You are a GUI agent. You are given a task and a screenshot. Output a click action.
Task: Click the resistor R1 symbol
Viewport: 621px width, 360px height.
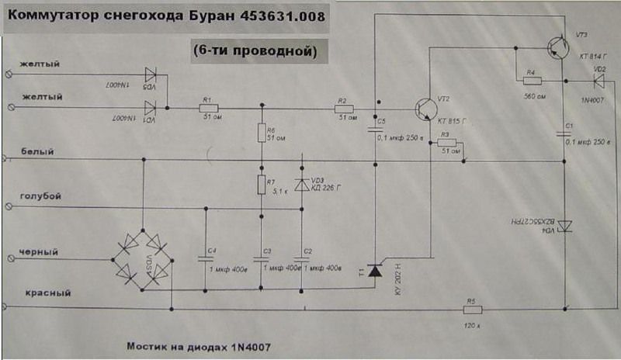click(209, 109)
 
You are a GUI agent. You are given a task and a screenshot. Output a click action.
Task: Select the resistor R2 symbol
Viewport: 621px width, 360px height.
click(343, 109)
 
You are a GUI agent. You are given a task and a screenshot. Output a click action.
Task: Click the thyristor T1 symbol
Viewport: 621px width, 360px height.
click(376, 270)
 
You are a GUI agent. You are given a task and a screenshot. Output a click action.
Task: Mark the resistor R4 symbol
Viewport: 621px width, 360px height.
click(532, 80)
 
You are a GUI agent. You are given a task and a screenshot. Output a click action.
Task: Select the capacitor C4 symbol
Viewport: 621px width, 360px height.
click(205, 258)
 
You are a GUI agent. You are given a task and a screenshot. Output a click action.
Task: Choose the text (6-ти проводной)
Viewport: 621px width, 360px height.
click(255, 50)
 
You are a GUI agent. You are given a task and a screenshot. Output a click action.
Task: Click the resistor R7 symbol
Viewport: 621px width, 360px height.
click(262, 185)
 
